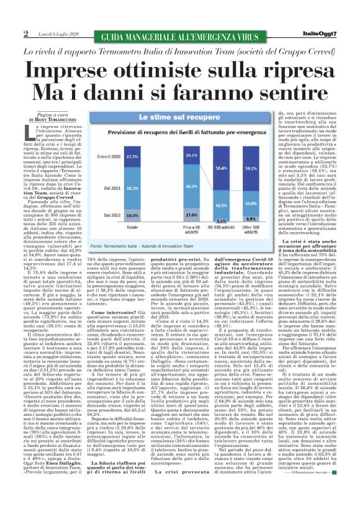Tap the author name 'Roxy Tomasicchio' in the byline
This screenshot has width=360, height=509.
tap(55, 117)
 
